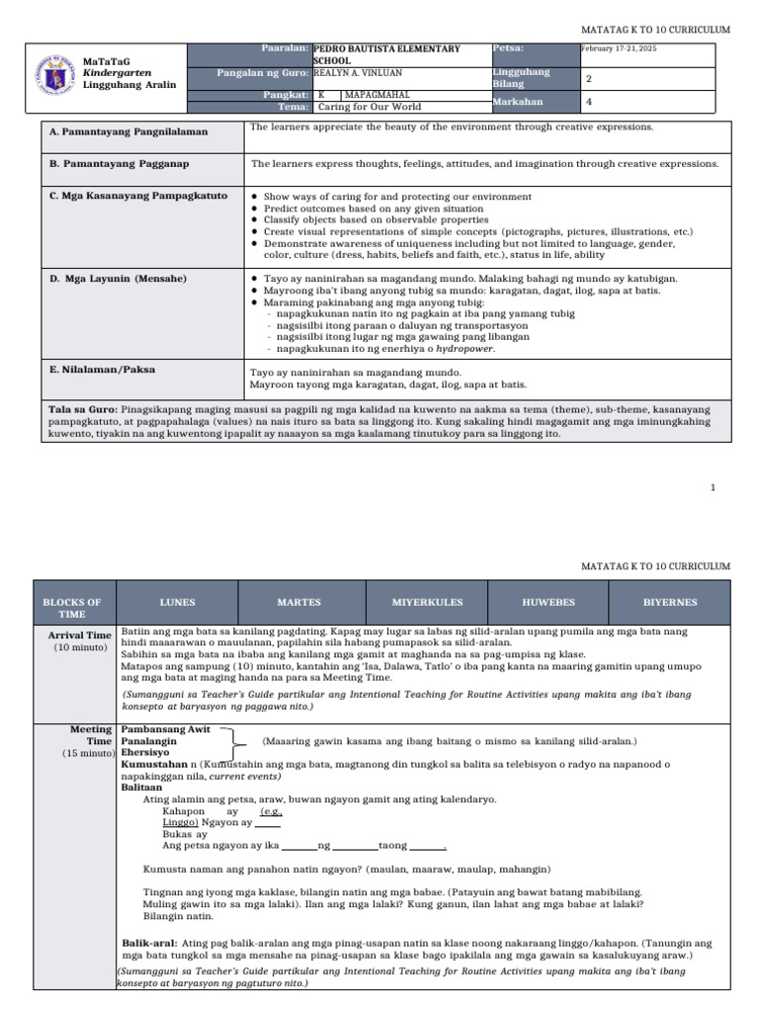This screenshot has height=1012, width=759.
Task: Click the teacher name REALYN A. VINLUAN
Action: [x=359, y=73]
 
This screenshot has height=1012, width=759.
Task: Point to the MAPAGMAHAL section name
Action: [x=376, y=94]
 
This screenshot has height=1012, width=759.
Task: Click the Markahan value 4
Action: [x=589, y=101]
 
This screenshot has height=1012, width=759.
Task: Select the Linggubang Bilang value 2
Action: [x=589, y=78]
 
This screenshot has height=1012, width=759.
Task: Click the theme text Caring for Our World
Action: [x=365, y=107]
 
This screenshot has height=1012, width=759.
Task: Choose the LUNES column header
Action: [x=178, y=602]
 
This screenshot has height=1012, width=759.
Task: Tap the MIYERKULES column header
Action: [x=426, y=602]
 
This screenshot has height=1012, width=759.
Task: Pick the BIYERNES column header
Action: [x=670, y=602]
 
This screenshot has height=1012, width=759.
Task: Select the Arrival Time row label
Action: [x=80, y=635]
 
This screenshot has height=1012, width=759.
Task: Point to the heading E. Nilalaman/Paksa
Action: [x=103, y=370]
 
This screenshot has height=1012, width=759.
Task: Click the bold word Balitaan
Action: [x=141, y=788]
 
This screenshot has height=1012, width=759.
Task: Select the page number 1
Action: [x=712, y=487]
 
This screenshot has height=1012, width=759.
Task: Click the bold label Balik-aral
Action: [x=150, y=943]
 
